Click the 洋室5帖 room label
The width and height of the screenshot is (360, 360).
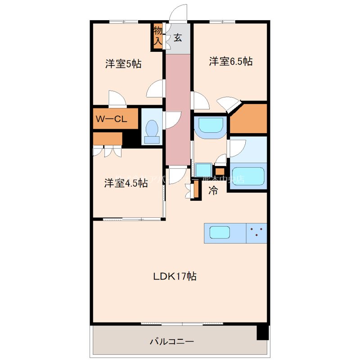(123, 64)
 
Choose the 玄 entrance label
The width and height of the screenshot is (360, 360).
(178, 38)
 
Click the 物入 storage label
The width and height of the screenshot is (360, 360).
(157, 36)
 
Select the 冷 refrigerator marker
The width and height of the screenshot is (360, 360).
(213, 190)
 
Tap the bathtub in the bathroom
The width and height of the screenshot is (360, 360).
(247, 175)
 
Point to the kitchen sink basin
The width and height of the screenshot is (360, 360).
(219, 233)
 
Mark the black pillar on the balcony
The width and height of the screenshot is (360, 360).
(262, 333)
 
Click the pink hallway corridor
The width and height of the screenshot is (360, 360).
(178, 108)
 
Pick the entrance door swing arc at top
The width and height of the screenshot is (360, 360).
(179, 13)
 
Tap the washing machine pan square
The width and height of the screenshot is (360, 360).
(201, 170)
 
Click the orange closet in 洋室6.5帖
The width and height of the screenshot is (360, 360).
(249, 120)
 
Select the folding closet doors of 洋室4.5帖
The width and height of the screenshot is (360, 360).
(108, 151)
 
